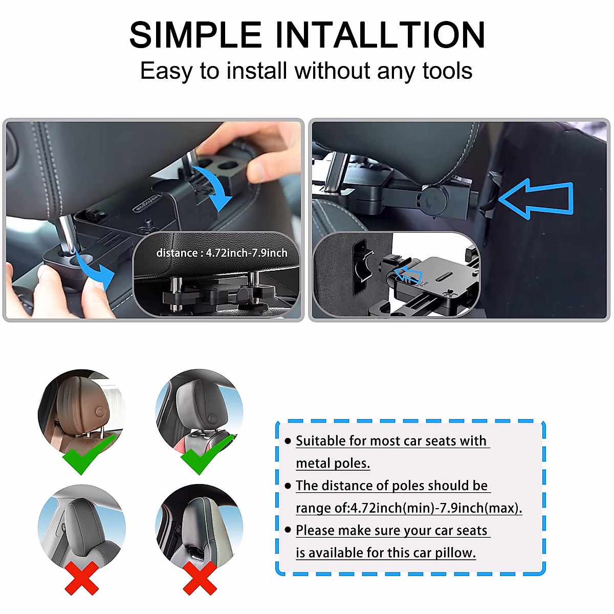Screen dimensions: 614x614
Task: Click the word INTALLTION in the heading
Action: coord(380,35)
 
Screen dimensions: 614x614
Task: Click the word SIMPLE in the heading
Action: coord(195,35)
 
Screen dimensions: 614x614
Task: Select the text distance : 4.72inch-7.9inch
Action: coord(222,253)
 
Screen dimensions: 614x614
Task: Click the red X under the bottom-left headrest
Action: coord(82,578)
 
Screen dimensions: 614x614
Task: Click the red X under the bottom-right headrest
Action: coord(200,578)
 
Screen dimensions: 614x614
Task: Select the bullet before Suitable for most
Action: coord(288,441)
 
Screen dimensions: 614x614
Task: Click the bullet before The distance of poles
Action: coord(288,486)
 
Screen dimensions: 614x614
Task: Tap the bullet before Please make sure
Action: coord(288,530)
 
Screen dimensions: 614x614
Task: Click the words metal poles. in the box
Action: coord(333,463)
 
